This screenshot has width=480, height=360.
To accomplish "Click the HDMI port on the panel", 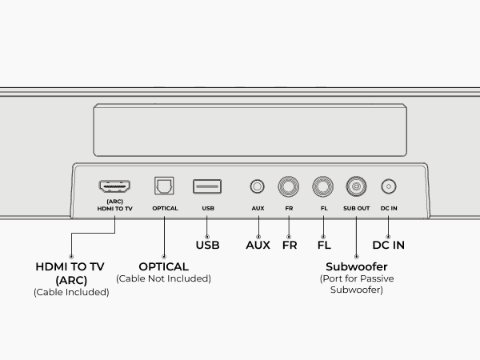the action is coord(114,186).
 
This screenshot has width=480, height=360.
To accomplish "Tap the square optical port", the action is coord(164,186).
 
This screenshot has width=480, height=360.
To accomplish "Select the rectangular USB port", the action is coord(207,186).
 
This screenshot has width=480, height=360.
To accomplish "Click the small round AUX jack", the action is coord(257,186).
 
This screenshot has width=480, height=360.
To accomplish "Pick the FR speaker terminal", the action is coord(289,186).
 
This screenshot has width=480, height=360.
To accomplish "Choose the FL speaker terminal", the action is coord(323,186).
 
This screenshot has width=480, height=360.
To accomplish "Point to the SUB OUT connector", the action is coord(356,186).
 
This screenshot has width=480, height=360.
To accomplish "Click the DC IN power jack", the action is coord(389,186).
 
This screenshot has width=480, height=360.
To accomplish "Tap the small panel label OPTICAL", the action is coord(165,208).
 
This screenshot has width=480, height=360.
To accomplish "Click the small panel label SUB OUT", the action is coord(357,208).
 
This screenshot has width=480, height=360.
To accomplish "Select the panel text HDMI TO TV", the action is coord(114,209).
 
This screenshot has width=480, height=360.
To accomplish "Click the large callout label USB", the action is coord(207,245).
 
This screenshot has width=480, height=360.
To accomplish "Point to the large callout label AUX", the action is coord(258,245).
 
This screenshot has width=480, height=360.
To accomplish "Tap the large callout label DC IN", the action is coord(389,245).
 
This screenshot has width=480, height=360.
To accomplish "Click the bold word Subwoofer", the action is coord(357,266).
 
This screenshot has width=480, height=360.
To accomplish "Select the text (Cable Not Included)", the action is coord(163,278).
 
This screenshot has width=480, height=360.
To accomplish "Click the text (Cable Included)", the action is coord(71,292).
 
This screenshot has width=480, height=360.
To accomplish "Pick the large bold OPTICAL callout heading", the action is coord(164,266).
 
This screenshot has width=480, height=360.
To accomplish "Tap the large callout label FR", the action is coord(290,245).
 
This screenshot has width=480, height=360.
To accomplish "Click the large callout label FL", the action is coord(324,245).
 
